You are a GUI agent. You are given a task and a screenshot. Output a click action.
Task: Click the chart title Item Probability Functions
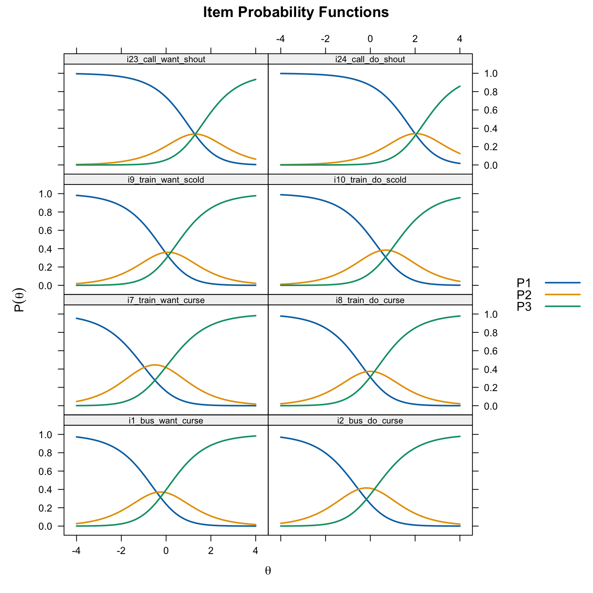point(296,13)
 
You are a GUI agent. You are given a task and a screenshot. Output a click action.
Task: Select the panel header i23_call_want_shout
point(166,59)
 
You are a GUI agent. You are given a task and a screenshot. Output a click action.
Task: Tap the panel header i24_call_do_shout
point(370,59)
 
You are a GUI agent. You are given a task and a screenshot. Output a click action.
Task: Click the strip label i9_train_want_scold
point(166,180)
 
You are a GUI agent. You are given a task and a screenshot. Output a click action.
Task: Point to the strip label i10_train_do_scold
point(370,180)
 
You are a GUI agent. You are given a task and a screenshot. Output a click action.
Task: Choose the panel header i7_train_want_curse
point(166,300)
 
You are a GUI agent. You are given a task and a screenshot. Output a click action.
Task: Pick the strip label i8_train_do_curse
point(370,300)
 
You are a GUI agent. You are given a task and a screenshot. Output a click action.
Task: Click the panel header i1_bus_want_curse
point(166,421)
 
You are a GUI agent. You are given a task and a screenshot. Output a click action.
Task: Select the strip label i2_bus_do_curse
point(370,421)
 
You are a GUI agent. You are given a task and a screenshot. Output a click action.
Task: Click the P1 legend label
point(524,283)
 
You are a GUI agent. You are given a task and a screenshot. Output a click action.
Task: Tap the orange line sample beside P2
point(563,295)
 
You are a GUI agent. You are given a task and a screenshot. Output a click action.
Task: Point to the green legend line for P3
point(563,307)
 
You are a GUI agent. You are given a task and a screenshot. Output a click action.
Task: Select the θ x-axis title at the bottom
point(268,571)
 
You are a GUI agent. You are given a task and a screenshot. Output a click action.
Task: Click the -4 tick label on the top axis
point(281,39)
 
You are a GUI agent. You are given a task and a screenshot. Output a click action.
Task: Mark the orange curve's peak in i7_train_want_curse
point(155,364)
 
